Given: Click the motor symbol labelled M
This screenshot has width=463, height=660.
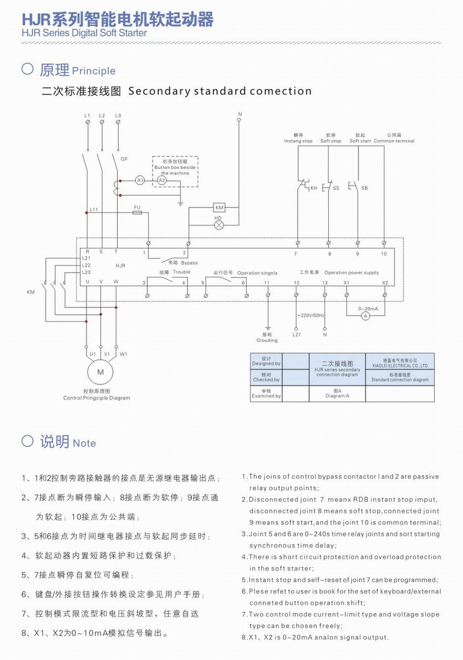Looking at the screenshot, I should point(100,373).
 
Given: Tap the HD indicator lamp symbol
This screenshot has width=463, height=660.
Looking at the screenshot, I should point(219,224).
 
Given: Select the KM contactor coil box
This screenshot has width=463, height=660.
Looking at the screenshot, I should point(219,208).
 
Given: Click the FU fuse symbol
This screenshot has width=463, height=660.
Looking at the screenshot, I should point(137,212).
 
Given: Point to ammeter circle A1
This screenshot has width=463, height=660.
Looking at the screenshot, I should point(140,180).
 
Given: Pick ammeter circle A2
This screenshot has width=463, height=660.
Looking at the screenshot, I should point(161,180).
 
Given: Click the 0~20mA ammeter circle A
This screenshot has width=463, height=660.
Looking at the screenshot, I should point(364,315).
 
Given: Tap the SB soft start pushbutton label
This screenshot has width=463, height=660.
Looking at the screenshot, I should point(364,188).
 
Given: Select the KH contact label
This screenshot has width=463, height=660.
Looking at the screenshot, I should point(313,188).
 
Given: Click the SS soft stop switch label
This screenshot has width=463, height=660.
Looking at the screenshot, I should point(336,188).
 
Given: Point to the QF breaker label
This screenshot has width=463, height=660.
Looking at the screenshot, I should point(124,159).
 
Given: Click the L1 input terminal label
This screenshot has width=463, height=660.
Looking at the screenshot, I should point(87,115).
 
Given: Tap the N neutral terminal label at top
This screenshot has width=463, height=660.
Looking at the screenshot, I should point(239,114).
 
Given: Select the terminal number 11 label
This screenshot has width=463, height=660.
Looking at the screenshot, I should point(267,282).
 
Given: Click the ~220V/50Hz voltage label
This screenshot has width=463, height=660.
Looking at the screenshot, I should point(310,315).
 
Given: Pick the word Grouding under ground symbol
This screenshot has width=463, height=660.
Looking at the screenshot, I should point(267,341).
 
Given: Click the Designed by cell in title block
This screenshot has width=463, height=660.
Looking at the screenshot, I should point(266,361).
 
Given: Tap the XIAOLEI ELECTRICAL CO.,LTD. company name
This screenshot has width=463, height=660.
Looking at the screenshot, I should point(399,366).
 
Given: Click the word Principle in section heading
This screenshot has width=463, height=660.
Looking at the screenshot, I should point(93,71).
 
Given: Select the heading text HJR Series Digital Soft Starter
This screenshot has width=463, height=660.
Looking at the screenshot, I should point(84,33).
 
